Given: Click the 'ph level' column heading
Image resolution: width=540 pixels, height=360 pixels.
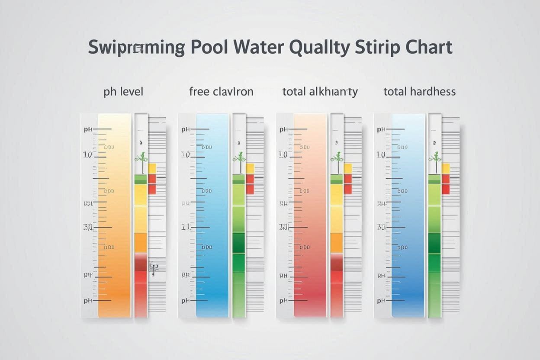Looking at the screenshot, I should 123,92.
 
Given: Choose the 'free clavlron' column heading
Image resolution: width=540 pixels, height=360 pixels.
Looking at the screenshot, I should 221,92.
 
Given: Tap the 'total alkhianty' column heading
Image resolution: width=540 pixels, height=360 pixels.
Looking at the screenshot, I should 320,92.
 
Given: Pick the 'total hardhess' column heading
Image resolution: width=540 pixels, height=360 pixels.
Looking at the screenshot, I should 419,92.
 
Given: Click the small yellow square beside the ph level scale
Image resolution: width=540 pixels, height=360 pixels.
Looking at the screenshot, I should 152,168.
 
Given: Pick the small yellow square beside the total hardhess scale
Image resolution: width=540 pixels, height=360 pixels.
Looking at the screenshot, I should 446,168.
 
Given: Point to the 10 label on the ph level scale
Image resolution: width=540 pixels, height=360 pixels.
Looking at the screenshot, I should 87,154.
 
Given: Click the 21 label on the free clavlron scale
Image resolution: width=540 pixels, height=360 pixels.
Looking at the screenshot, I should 186,227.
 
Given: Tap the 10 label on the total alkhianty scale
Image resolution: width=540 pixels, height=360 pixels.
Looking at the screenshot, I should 283,154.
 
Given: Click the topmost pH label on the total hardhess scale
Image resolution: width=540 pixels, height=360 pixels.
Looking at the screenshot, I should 381,129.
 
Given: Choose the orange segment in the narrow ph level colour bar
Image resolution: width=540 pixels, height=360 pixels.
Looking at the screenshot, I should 141,243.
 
